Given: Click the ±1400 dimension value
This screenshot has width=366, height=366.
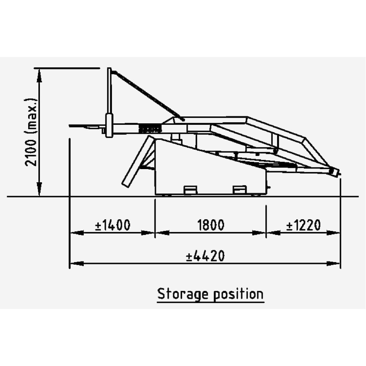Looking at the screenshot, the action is coord(113,225).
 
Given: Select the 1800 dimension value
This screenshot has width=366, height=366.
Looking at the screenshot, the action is coord(211,225).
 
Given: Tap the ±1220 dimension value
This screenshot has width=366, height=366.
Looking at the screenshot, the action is coord(303,225).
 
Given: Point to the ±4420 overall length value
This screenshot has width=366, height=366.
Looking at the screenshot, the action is coord(205,255).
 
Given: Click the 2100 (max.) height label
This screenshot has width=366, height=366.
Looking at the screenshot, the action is coord(31,132).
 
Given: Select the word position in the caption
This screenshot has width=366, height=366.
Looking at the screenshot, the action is coord(238,294).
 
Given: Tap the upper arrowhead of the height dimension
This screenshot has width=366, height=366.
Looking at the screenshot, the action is coord(40,75).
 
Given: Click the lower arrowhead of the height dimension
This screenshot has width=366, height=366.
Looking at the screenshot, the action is coord(40,189).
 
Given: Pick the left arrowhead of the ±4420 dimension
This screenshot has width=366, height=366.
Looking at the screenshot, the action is coord(77,264).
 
